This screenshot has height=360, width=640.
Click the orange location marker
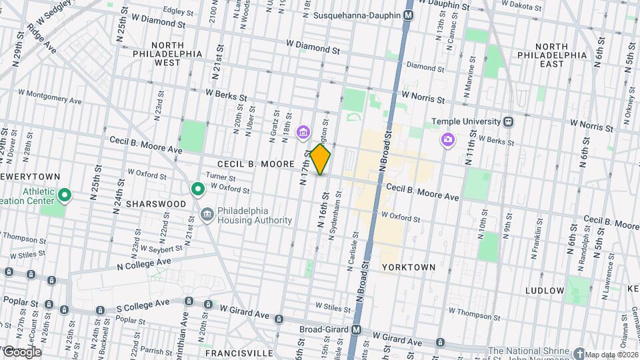(x=321, y=159)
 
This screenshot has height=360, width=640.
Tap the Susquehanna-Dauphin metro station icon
(x=409, y=15)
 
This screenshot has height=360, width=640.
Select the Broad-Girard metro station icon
(x=357, y=329)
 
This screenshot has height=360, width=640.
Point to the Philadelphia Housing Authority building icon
(x=207, y=214)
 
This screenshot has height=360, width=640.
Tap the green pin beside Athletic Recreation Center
(x=65, y=195)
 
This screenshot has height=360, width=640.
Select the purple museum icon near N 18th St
(x=303, y=133)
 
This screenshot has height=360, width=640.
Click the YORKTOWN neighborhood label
(x=409, y=267)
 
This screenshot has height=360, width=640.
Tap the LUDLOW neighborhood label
(x=545, y=291)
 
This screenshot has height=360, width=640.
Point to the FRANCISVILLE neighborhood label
(x=231, y=352)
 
